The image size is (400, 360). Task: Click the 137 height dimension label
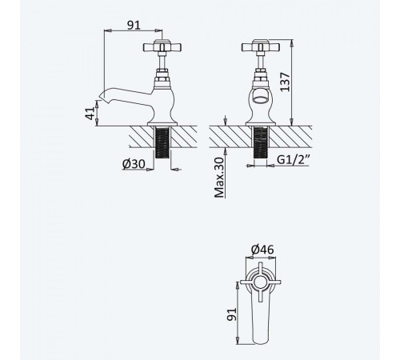pos(285,82)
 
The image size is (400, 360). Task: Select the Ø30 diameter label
pos(134,164)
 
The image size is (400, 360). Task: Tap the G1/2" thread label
pos(294,159)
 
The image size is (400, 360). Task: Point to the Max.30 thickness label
pos(219,178)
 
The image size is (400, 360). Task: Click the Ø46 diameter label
pos(262,250)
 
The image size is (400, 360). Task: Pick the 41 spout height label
pos(90,113)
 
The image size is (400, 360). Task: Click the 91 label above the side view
pos(134,25)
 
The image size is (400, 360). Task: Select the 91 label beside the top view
pos(232,314)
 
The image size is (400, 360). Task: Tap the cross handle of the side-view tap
pos(162,46)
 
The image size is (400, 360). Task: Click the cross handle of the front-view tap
pos(261,46)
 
